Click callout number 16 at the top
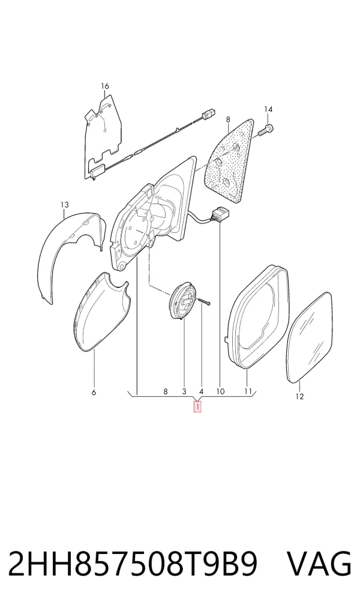pyautogui.click(x=105, y=86)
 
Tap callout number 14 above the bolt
pyautogui.click(x=268, y=109)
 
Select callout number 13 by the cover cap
pyautogui.click(x=64, y=205)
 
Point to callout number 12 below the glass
pyautogui.click(x=299, y=397)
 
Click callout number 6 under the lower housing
pyautogui.click(x=94, y=393)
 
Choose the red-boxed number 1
pyautogui.click(x=198, y=407)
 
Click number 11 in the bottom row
pyautogui.click(x=248, y=391)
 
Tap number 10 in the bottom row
pyautogui.click(x=220, y=391)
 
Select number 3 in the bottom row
pyautogui.click(x=184, y=391)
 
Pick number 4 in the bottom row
pyautogui.click(x=202, y=391)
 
